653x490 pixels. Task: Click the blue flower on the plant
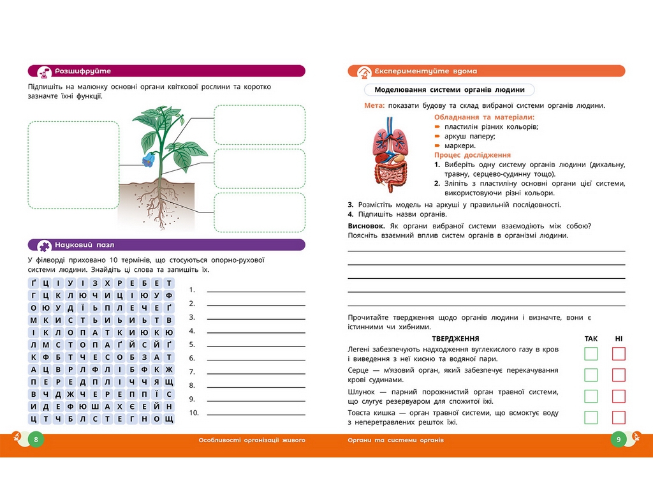pos(148,160)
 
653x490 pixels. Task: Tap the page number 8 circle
pos(36,440)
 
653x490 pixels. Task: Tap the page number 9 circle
pos(619,440)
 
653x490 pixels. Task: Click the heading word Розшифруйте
pos(83,71)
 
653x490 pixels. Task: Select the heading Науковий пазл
pos(85,245)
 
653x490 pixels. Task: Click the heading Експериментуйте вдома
pos(425,71)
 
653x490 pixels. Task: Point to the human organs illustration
pos(390,154)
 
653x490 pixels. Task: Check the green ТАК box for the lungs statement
pos(591,353)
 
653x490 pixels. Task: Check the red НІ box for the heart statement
pos(619,375)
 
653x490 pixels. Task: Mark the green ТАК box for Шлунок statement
pos(591,396)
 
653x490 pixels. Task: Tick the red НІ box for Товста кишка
pos(619,417)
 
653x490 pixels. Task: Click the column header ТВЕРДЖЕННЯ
pos(455,339)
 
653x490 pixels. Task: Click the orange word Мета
pos(374,105)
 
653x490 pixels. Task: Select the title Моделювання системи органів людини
pos(450,89)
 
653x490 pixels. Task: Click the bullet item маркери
pos(460,146)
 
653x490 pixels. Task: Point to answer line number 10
pos(256,415)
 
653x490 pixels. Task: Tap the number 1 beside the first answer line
pos(191,290)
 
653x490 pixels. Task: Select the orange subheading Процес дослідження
pos(473,155)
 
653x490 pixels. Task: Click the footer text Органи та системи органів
pos(395,440)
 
